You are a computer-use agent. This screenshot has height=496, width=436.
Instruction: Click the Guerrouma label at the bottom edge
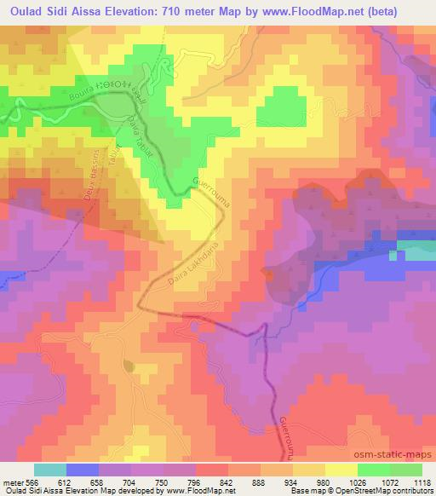285,438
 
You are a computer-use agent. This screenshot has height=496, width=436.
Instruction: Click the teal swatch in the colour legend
49,470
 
